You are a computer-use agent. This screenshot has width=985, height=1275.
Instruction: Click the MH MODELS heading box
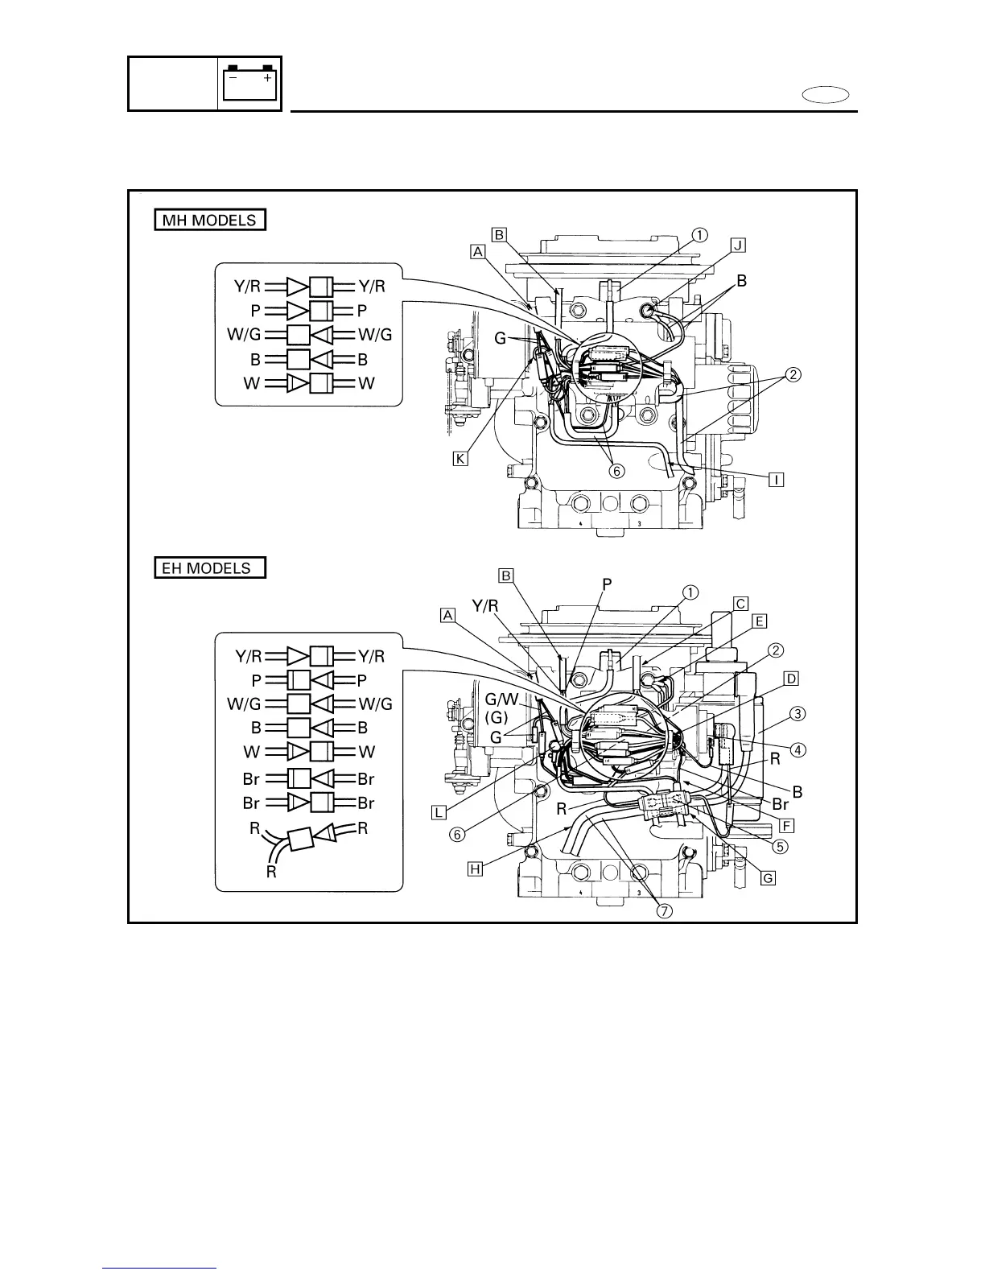209,220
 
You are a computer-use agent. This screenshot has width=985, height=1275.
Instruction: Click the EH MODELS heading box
209,567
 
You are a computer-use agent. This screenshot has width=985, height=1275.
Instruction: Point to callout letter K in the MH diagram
460,459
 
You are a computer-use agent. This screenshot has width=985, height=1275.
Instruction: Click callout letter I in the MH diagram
776,480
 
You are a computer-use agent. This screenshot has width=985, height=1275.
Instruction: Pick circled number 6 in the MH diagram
616,472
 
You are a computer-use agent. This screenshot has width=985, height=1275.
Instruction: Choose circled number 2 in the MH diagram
793,374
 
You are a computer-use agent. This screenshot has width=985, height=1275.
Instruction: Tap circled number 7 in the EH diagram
665,911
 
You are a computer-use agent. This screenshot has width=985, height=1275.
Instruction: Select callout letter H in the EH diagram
476,869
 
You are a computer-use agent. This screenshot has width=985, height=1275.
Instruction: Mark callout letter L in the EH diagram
439,812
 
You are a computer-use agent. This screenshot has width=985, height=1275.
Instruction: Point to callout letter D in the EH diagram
791,679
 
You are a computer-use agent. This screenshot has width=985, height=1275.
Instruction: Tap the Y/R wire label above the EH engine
484,606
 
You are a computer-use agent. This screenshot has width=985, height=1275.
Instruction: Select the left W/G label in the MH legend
244,335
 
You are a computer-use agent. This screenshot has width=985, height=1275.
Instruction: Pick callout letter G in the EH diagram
768,877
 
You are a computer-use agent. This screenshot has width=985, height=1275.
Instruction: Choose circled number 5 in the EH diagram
780,846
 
